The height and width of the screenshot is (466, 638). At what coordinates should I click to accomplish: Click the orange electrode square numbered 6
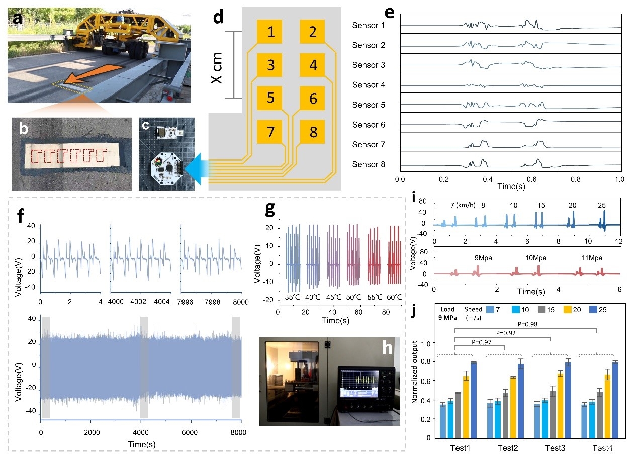click(x=313, y=99)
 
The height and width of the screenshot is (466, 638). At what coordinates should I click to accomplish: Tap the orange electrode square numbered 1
click(x=271, y=33)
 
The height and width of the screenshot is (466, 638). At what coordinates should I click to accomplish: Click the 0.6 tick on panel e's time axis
click(x=532, y=179)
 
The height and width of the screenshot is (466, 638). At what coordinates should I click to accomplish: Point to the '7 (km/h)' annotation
click(x=461, y=205)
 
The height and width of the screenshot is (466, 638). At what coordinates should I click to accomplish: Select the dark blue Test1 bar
click(x=474, y=400)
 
